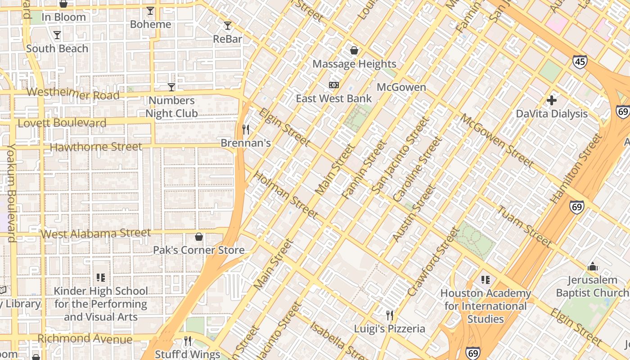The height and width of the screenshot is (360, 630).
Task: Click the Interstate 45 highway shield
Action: [x=580, y=62]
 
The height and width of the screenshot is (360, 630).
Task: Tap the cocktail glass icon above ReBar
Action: [x=228, y=26]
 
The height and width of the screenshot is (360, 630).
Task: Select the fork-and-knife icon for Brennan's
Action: [x=246, y=130]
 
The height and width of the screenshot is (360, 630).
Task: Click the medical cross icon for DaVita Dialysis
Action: [x=552, y=100]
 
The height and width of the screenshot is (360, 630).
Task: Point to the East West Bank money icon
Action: [x=334, y=85]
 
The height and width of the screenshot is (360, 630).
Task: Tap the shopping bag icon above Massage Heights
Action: [x=354, y=50]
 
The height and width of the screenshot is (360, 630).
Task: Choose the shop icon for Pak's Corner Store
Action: [x=199, y=237]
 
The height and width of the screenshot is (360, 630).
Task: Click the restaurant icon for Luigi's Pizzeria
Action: [x=390, y=315]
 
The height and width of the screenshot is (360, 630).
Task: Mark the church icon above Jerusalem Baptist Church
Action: [x=593, y=267]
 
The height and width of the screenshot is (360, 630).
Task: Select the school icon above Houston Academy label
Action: [x=486, y=280]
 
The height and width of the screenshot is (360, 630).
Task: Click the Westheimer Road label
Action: [x=73, y=94]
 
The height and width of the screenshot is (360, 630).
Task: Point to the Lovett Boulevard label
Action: [x=62, y=123]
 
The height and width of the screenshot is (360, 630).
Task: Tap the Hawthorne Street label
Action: [x=95, y=147]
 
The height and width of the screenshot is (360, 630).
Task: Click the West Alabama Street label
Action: [x=95, y=234]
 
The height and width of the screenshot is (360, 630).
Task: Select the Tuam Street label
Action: [x=524, y=226]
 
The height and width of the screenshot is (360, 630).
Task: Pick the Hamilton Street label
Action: [x=576, y=168]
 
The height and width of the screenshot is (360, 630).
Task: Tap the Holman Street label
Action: [x=286, y=194]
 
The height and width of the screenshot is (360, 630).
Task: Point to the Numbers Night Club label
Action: [x=171, y=107]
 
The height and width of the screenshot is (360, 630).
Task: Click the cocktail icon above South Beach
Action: [x=57, y=35]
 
